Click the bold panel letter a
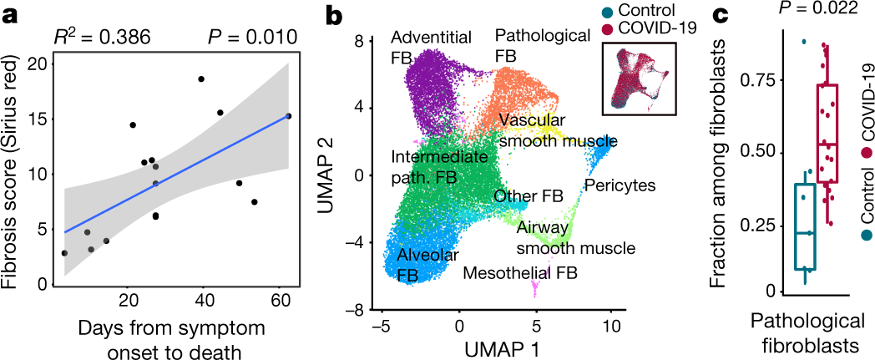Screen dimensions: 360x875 (10, 13)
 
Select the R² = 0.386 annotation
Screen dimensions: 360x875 (104, 38)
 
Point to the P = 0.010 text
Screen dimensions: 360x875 (251, 38)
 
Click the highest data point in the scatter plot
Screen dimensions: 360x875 (201, 79)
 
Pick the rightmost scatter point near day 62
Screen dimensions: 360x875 (288, 116)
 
